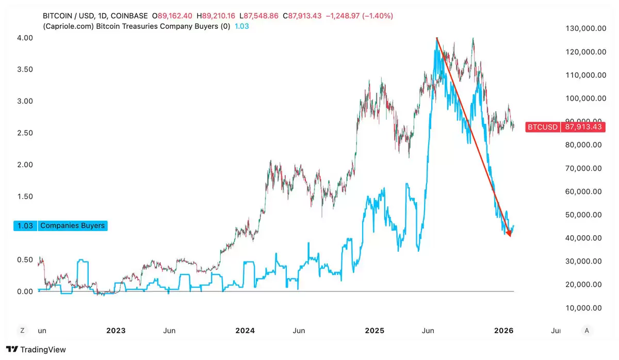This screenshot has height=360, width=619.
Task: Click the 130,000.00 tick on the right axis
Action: pyautogui.click(x=585, y=29)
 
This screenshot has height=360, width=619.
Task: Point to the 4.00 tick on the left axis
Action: pyautogui.click(x=24, y=38)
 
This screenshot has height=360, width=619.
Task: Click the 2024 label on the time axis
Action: pyautogui.click(x=245, y=330)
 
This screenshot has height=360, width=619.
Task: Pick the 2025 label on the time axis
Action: pyautogui.click(x=374, y=330)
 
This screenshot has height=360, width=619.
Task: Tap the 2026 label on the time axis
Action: pyautogui.click(x=503, y=330)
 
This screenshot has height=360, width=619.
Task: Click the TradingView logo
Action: pyautogui.click(x=36, y=350)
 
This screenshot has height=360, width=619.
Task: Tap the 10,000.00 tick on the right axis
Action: pyautogui.click(x=585, y=308)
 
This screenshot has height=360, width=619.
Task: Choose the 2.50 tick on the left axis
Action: pyautogui.click(x=24, y=133)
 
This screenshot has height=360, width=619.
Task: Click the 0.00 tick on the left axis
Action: pyautogui.click(x=24, y=291)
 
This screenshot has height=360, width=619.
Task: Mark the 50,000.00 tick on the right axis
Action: pyautogui.click(x=585, y=215)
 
